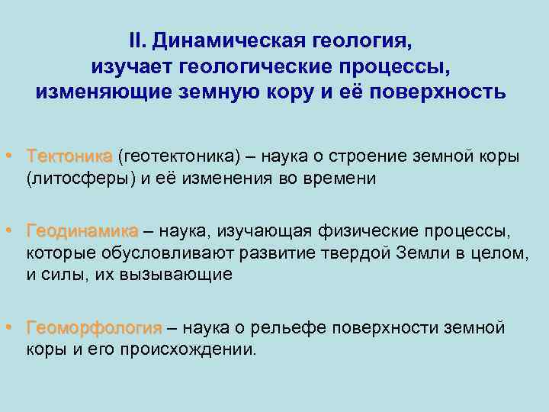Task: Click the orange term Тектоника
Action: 69,156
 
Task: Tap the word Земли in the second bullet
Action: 419,253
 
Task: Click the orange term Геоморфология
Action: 94,328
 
